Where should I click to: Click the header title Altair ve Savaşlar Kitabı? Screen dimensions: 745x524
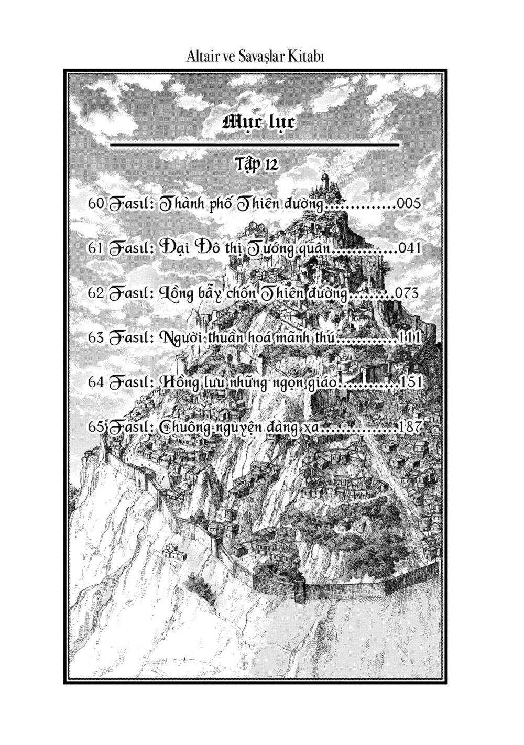pos(255,56)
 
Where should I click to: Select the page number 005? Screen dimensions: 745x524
pos(409,204)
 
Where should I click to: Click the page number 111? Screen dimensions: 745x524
pos(409,337)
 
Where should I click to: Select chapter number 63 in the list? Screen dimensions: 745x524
pos(96,337)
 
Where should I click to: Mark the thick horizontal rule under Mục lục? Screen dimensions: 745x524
pos(255,143)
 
